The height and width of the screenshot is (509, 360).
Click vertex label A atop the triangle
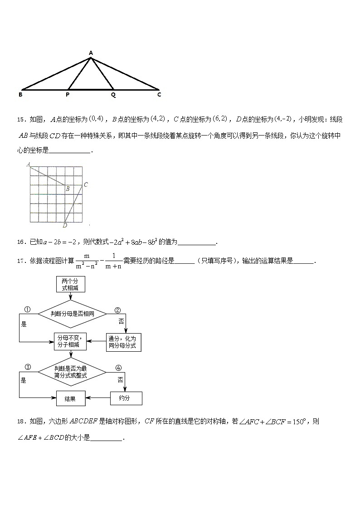tap(91, 53)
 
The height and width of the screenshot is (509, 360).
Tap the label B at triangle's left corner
tap(20, 95)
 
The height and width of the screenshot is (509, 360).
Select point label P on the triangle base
tap(68, 95)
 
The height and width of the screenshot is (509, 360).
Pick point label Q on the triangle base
tap(113, 95)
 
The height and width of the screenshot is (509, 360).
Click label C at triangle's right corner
tap(159, 95)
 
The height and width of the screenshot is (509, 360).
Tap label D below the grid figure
tap(65, 225)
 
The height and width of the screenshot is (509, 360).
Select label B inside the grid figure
tap(67, 189)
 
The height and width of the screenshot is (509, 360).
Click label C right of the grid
tap(86, 184)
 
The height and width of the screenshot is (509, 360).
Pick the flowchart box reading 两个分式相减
tap(70, 284)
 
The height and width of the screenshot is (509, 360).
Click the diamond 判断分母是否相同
tap(72, 313)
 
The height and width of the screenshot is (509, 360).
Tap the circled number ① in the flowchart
tap(27, 310)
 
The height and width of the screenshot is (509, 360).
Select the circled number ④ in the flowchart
tap(118, 368)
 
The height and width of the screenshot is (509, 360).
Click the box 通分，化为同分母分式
tap(123, 342)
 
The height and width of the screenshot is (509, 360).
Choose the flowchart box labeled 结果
tap(70, 398)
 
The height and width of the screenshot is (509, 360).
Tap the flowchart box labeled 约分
tap(126, 398)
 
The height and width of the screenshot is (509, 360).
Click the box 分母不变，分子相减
tap(70, 341)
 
